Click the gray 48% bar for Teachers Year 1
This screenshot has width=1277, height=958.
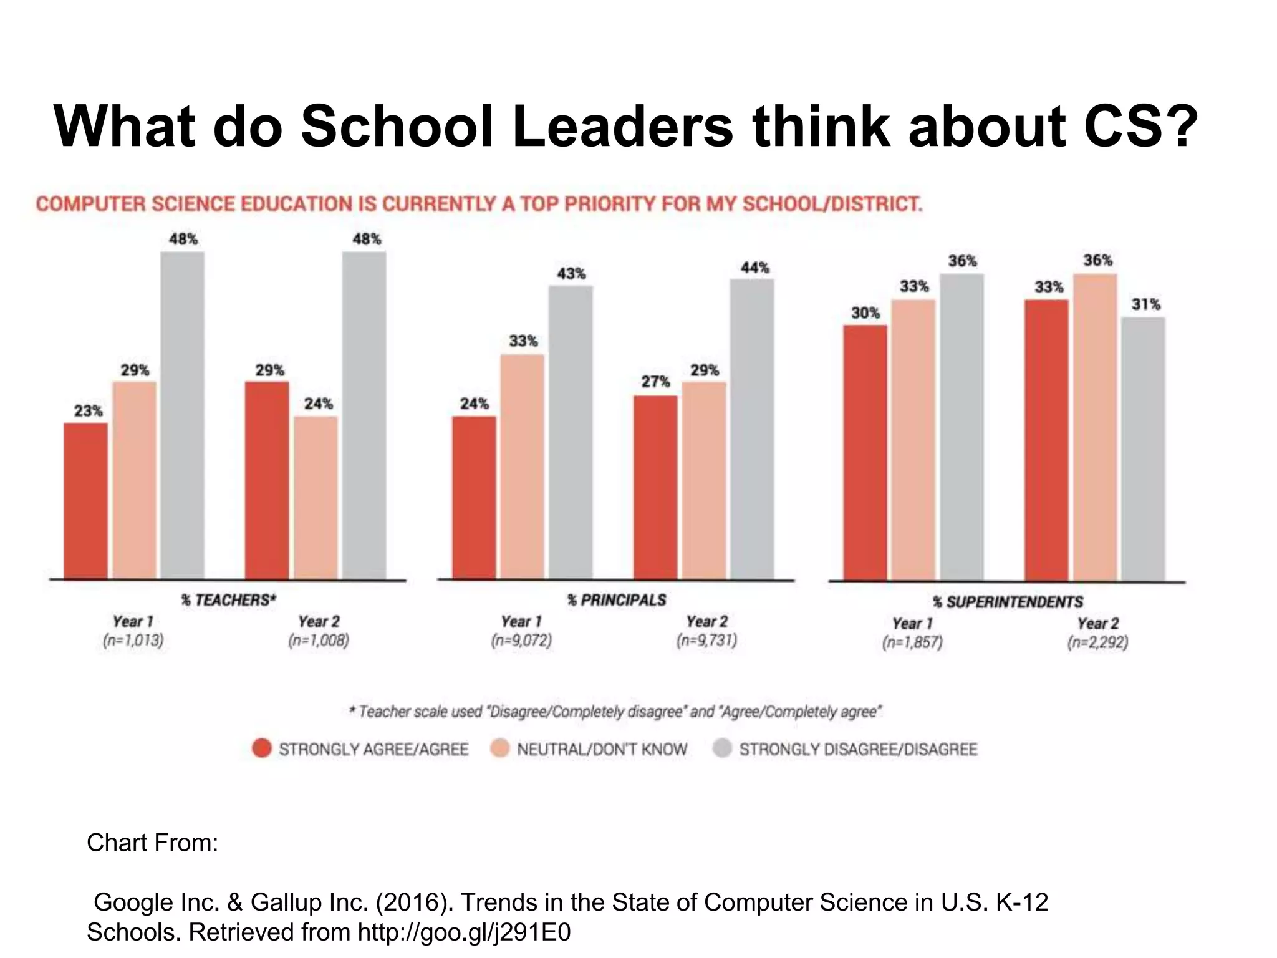(182, 415)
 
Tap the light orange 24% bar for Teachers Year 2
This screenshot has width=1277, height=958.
(316, 497)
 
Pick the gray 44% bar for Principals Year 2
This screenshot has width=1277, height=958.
(752, 429)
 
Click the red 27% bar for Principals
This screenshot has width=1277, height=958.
(655, 487)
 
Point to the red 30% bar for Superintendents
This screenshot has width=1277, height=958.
(865, 453)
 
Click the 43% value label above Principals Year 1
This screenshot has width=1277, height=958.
(571, 274)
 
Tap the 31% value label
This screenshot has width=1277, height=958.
(1146, 304)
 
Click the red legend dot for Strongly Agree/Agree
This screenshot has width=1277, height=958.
(262, 748)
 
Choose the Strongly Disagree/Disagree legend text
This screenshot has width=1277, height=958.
(858, 749)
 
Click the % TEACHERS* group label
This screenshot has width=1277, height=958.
(228, 600)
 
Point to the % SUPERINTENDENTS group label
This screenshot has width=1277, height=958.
(1008, 602)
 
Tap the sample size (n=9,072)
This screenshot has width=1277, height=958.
(521, 641)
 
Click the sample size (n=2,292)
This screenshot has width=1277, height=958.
(1097, 642)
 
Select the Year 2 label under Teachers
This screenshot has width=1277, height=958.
(319, 621)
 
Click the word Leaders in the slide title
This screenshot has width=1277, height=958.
(623, 127)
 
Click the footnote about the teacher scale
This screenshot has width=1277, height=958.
(615, 712)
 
